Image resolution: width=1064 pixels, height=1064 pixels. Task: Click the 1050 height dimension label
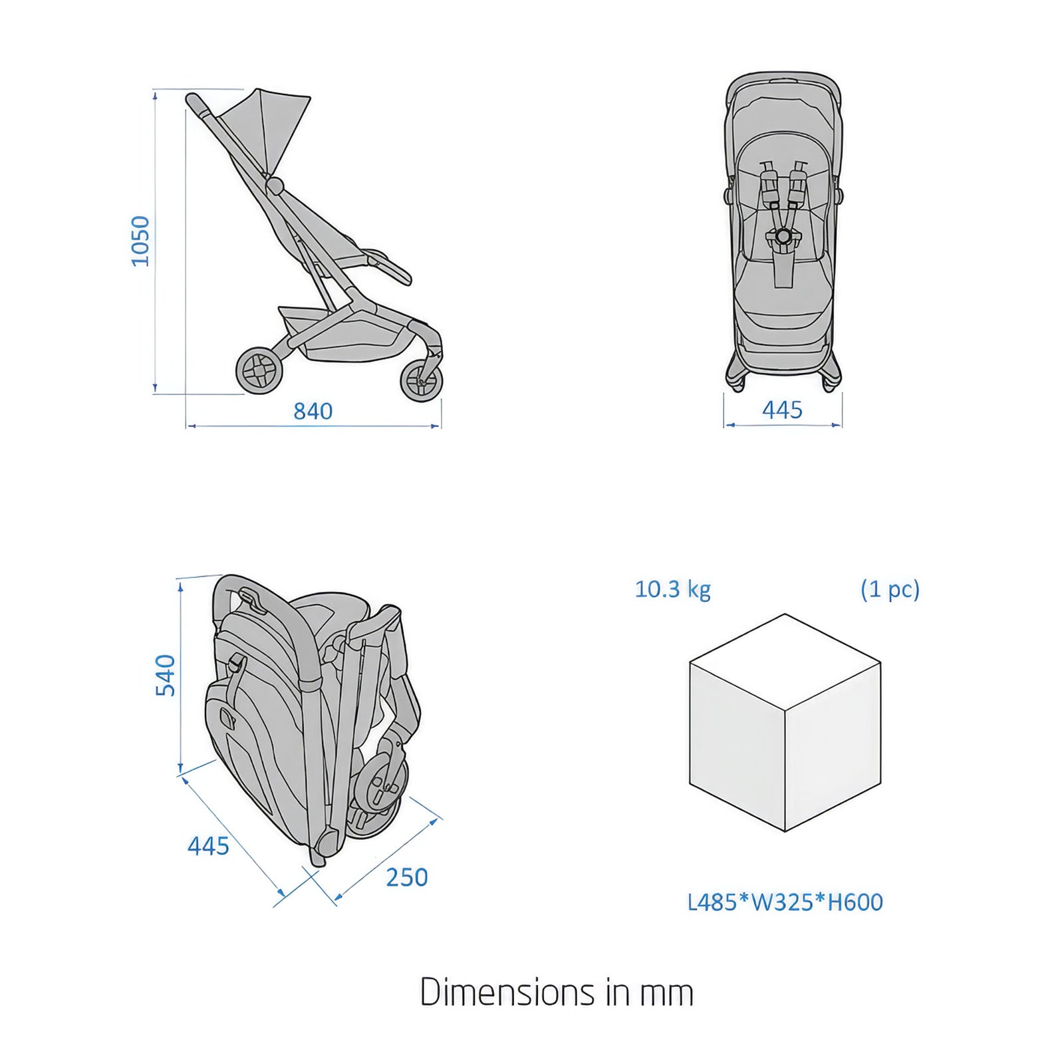[x=140, y=241]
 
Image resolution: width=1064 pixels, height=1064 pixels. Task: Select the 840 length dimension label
[x=313, y=411]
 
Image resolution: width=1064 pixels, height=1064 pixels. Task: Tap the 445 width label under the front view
[x=782, y=410]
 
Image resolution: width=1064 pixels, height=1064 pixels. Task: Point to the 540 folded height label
[x=165, y=675]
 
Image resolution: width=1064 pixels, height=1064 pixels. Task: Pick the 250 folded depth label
[x=407, y=877]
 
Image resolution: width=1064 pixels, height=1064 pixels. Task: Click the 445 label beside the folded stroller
[x=208, y=846]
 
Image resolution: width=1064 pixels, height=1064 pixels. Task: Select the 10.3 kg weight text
[x=673, y=589]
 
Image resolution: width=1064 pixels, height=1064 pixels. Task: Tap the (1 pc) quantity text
[x=890, y=589]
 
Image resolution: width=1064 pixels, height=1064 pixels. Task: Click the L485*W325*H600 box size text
[x=785, y=902]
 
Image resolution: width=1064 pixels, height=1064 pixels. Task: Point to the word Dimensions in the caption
[x=508, y=992]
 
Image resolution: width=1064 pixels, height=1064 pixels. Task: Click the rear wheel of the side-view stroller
[x=259, y=370]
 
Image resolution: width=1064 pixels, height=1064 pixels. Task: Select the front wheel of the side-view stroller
[x=421, y=382]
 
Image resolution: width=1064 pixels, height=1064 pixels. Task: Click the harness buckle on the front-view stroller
[x=783, y=236]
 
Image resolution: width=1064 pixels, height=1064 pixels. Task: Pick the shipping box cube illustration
[x=785, y=723]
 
